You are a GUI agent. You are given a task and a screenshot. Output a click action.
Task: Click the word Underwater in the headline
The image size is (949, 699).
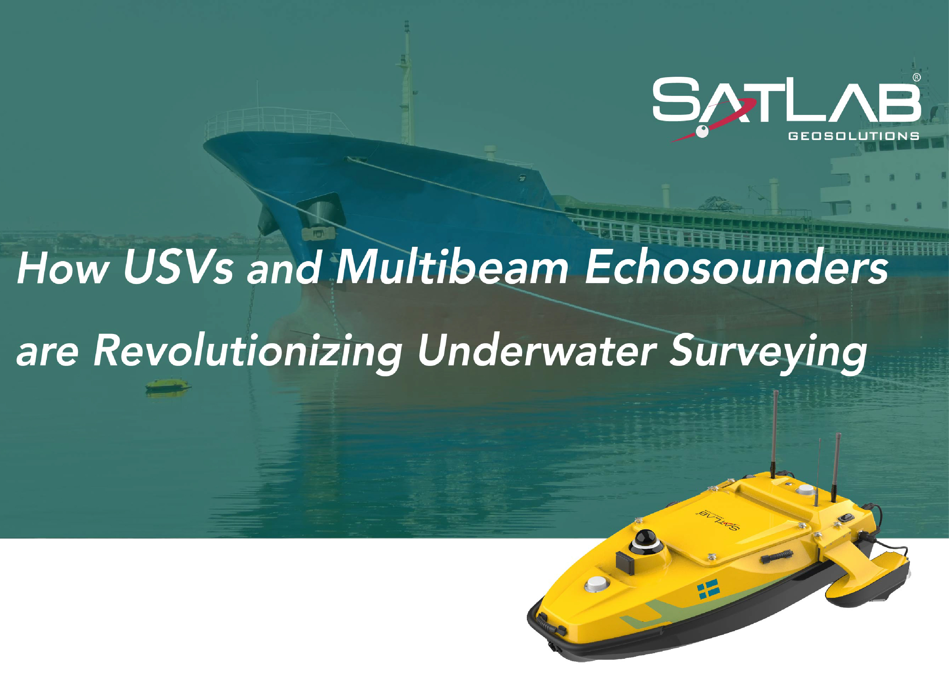(x=533, y=351)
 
